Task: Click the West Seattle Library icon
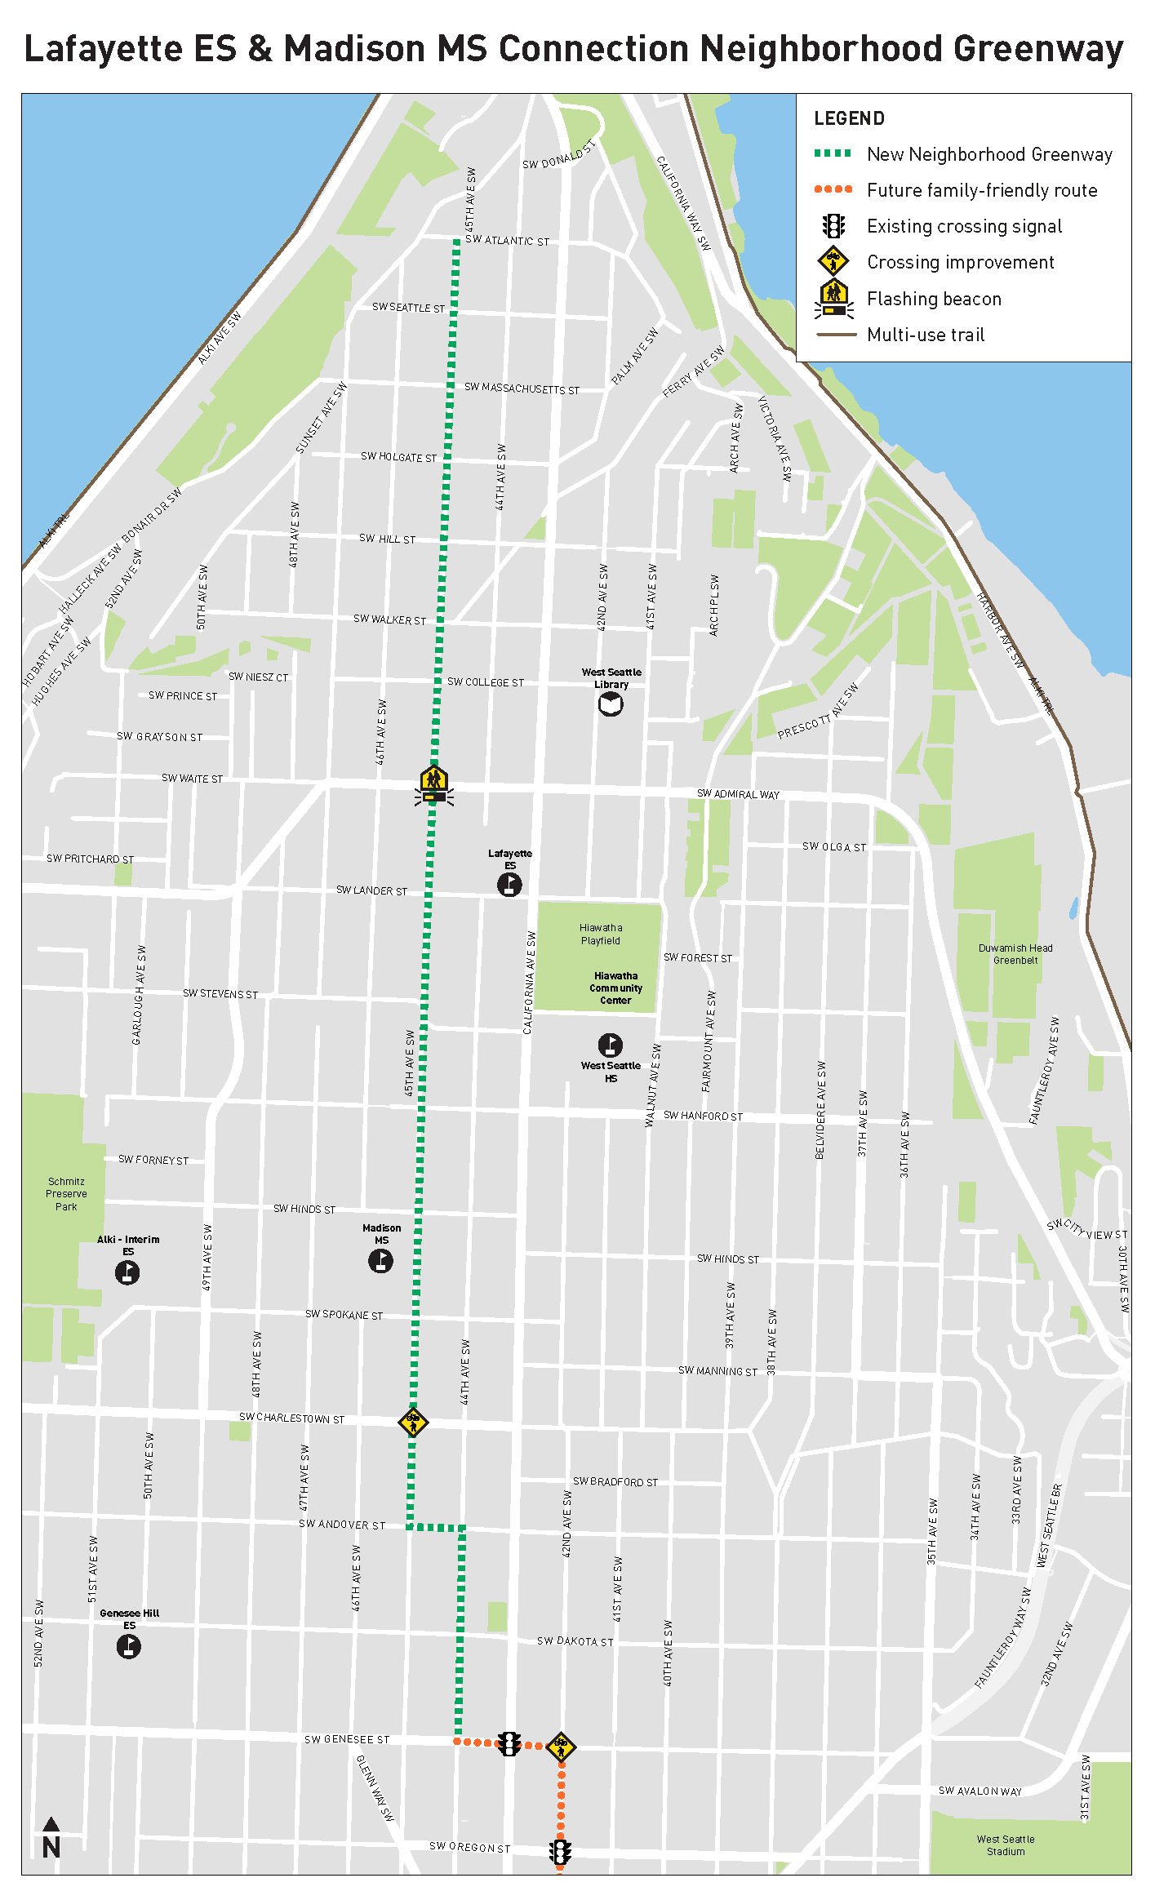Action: pos(611,704)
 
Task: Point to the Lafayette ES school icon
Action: pos(509,884)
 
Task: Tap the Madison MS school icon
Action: pos(380,1261)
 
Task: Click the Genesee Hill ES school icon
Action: pos(129,1646)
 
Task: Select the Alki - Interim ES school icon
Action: pos(127,1272)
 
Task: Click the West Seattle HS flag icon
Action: pos(611,1045)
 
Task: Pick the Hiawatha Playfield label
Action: pos(601,934)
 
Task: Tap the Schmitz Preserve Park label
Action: pos(66,1194)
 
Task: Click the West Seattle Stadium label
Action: pos(1006,1845)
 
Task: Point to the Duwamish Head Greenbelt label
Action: pos(1015,954)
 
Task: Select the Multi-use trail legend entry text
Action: pos(926,335)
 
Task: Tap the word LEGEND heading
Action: pos(849,118)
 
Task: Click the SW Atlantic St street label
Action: pos(507,241)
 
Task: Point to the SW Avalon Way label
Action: pos(980,1791)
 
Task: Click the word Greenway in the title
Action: pos(1037,49)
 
